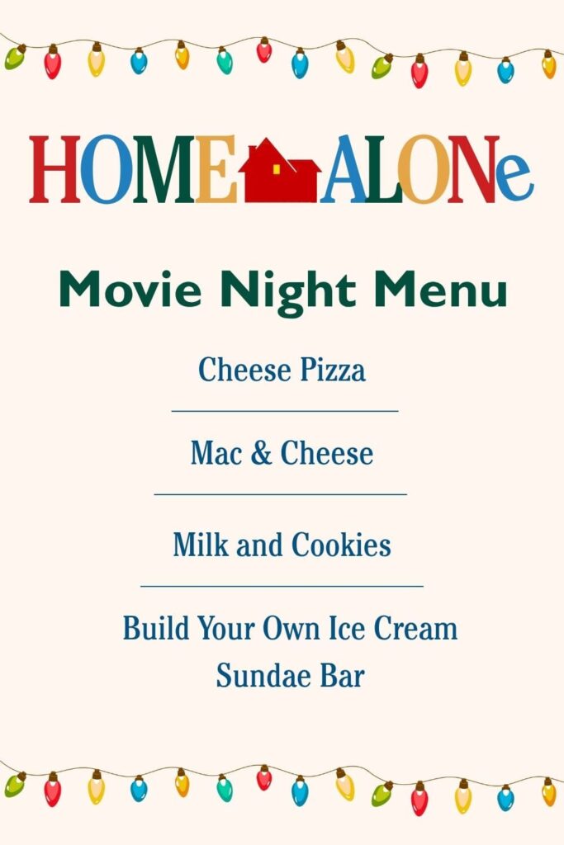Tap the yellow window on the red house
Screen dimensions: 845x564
[277, 168]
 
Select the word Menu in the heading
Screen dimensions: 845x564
[440, 290]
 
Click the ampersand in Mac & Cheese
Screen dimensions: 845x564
[261, 453]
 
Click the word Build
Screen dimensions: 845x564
[154, 629]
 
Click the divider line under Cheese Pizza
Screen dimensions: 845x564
[284, 410]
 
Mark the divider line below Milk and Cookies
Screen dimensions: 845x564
[282, 586]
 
